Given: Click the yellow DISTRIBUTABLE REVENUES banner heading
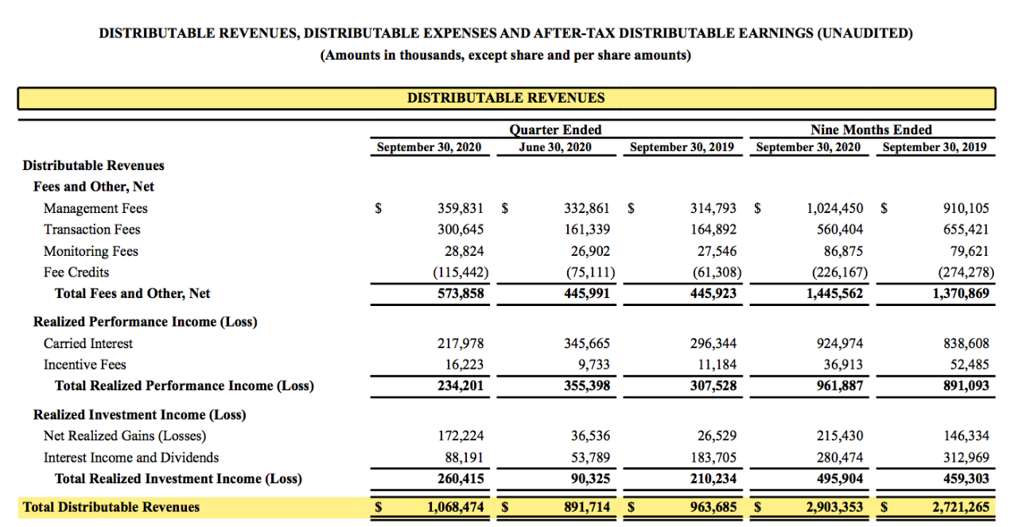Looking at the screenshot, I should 506,99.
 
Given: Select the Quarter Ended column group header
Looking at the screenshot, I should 555,130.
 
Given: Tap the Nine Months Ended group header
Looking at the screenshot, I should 871,130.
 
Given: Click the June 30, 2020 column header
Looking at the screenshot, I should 555,147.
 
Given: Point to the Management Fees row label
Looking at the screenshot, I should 95,208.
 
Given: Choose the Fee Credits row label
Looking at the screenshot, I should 76,272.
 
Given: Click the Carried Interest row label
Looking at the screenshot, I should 88,343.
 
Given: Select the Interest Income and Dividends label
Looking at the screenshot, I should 131,457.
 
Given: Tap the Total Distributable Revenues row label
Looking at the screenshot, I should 111,507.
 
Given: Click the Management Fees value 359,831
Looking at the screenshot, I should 460,208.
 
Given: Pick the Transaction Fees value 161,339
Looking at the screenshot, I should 587,230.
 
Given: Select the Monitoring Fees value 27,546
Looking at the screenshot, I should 714,251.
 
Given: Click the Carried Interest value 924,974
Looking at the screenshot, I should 840,343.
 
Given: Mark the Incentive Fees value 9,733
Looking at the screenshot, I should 594,365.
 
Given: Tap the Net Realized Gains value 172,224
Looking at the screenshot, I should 461,436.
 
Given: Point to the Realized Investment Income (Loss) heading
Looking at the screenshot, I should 139,415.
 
